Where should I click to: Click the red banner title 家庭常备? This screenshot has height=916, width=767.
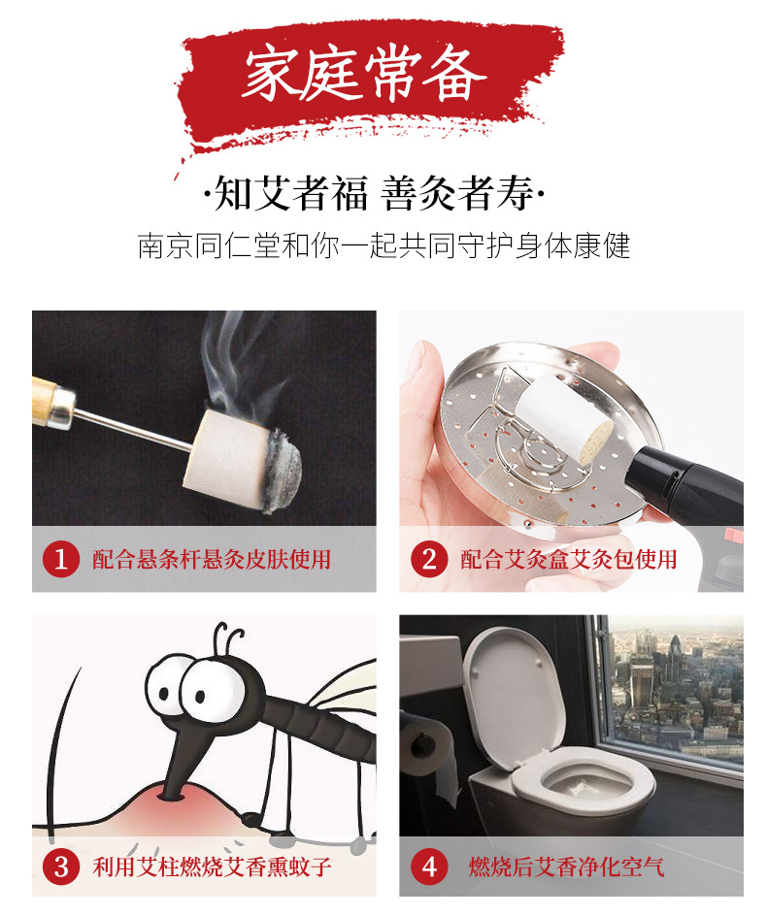pos(365,74)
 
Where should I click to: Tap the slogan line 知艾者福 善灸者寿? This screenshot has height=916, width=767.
pos(375,193)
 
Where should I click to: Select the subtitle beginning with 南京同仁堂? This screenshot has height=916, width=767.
pos(384,245)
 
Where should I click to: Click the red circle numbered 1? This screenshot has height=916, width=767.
pos(61,560)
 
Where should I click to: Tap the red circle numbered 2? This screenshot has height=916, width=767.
pos(429,560)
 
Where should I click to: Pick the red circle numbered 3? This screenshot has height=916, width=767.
pos(61,867)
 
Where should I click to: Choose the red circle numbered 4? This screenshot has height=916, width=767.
pos(429,867)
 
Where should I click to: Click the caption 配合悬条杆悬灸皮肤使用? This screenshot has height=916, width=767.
pos(212,560)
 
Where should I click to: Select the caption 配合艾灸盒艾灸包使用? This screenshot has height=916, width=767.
pos(569,560)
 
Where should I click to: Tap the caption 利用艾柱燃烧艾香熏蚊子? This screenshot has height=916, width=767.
pos(212,867)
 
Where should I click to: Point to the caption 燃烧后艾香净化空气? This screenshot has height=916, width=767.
pos(566,867)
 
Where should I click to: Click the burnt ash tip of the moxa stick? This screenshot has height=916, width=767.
pos(284,469)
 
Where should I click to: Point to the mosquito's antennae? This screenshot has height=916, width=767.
pos(228,639)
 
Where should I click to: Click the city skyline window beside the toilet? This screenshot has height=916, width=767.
pos(672,689)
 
